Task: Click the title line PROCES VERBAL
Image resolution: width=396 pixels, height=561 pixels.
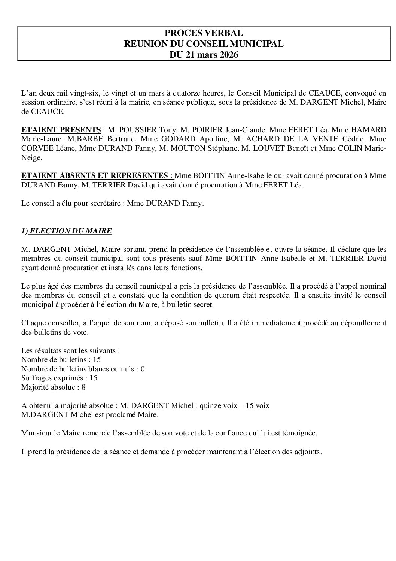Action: [204, 33]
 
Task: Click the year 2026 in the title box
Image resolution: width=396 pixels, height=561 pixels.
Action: [226, 55]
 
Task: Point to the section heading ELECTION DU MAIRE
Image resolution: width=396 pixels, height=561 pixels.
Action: [70, 231]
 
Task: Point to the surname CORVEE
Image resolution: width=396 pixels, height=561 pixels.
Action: [36, 148]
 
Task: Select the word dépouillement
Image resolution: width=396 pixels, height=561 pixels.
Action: [361, 322]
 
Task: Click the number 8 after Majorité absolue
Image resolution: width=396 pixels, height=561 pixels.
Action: [83, 387]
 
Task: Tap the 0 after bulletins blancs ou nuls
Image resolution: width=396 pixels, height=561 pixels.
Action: [143, 369]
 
